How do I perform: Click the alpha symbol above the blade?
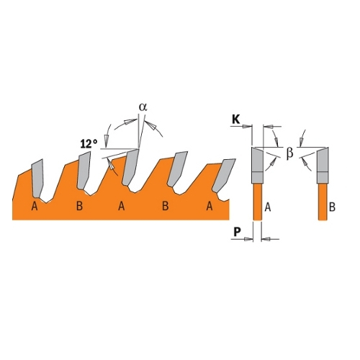coord(143,107)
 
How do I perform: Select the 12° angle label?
coord(89,144)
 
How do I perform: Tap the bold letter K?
coord(236,120)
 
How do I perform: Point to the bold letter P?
coord(237,232)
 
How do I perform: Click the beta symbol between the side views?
coord(290,153)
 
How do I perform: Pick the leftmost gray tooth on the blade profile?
coord(37,177)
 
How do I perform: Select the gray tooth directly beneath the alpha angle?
coord(130,167)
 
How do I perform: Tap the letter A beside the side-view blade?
coord(268,207)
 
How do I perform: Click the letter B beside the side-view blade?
coord(332,207)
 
